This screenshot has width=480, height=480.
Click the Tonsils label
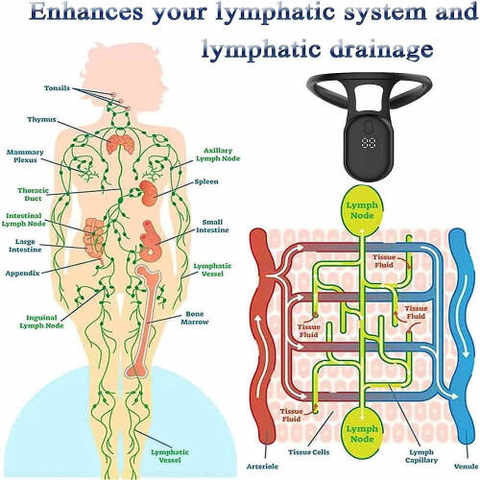pos(57,87)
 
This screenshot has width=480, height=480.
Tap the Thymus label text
pos(41,119)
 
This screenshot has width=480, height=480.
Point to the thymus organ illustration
pos(120,144)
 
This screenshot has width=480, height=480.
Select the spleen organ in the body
pos(149,193)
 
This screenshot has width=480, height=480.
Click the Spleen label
pos(206,181)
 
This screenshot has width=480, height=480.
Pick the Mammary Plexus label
pos(25,156)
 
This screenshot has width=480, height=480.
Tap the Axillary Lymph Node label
pos(218,155)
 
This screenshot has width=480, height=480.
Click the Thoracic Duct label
pos(33,194)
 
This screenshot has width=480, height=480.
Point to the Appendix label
pos(22,273)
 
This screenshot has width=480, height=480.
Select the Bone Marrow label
pos(195,318)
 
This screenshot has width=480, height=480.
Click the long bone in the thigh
pos(144,321)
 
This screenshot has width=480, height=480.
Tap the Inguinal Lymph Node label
pos(41,322)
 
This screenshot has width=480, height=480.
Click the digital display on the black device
pos(370,143)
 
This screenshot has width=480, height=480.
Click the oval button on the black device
pos(370,126)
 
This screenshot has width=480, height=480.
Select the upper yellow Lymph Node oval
pos(362,210)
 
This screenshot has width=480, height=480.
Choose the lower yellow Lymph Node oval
pos(362,434)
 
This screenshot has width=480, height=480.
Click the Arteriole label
pos(262,467)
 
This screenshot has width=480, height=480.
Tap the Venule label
pos(467,467)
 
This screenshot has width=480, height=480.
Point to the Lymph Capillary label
pos(421,456)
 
